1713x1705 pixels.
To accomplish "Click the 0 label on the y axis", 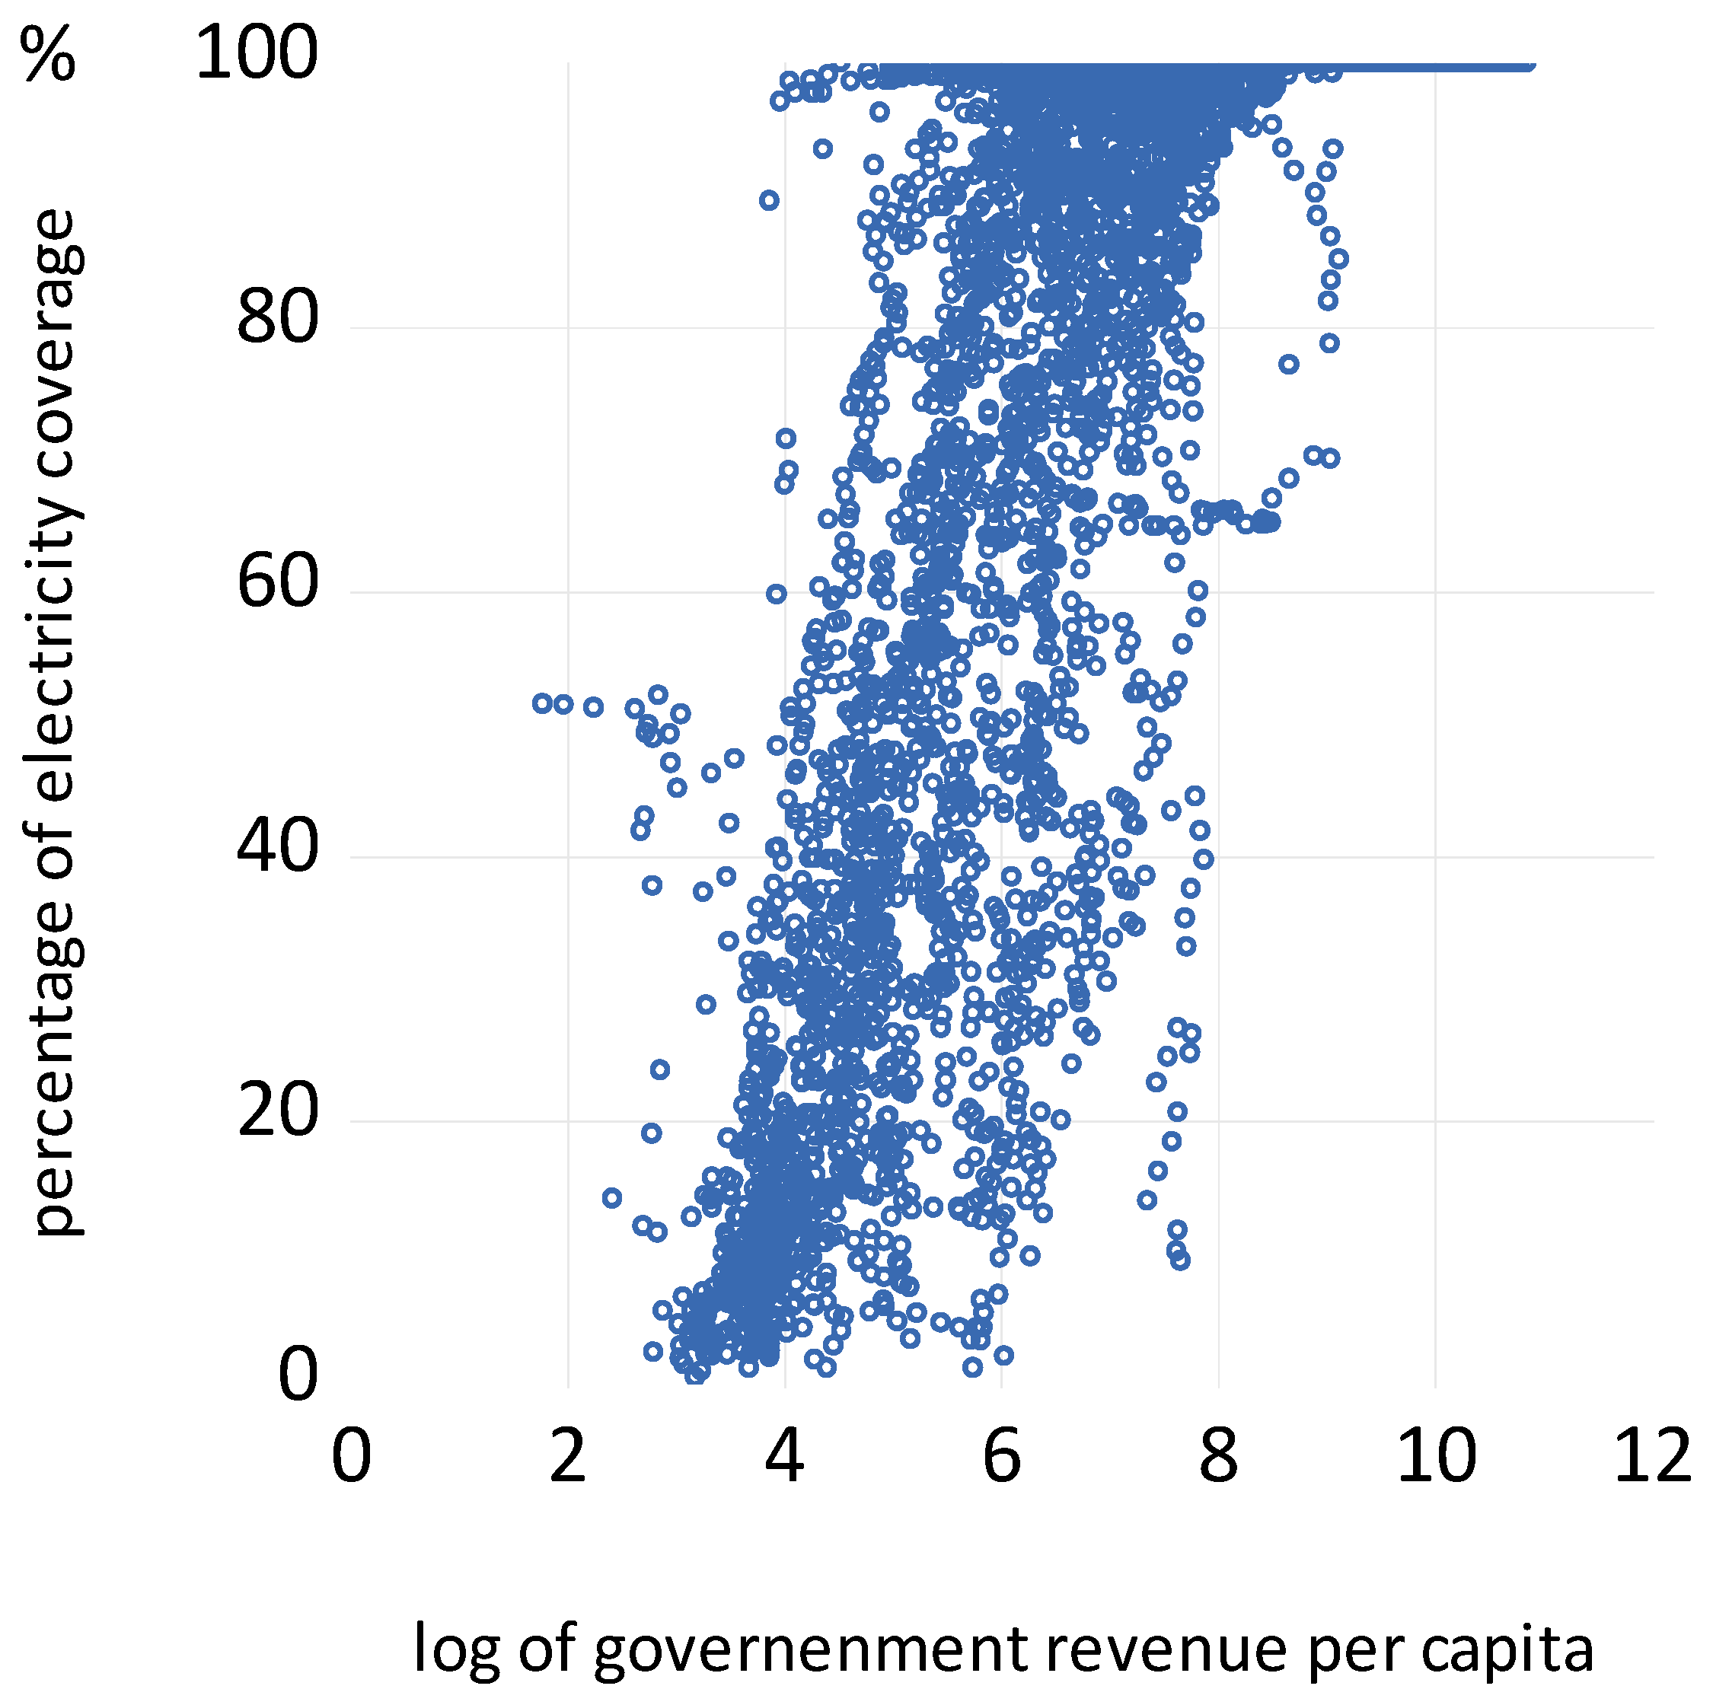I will pos(297,1376).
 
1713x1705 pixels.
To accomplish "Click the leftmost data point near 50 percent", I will pos(543,703).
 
